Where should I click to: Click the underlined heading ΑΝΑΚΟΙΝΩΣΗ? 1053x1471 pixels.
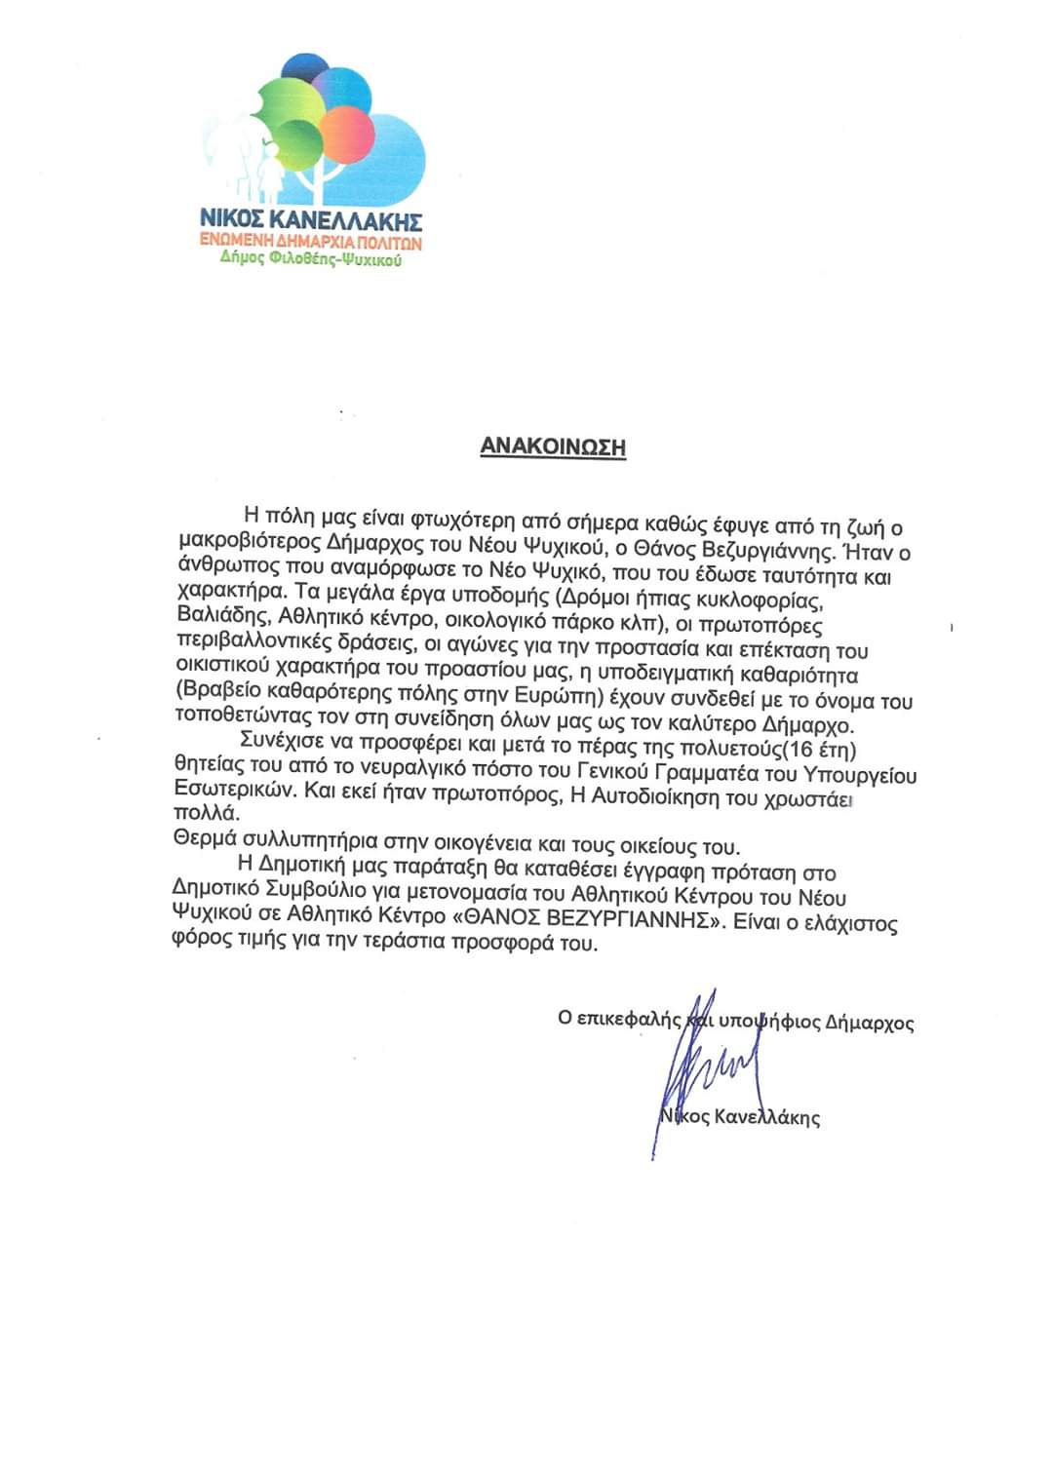click(553, 447)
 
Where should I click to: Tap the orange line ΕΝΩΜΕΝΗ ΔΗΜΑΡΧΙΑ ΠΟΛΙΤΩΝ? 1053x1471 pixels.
click(311, 241)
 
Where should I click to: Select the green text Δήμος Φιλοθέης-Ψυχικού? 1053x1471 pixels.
click(311, 260)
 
